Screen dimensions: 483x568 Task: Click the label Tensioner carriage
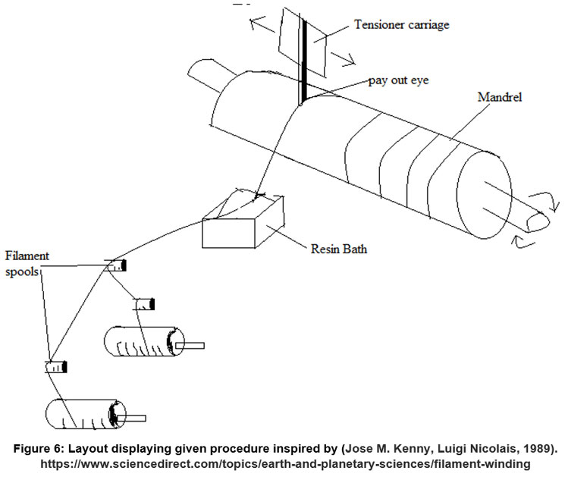coord(401,25)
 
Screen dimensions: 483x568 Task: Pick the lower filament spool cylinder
coord(80,414)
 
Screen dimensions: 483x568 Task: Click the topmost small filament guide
coord(116,265)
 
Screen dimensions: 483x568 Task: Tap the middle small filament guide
coord(145,304)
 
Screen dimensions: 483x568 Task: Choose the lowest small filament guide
coord(56,367)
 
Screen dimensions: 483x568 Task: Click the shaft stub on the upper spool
coord(190,347)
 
